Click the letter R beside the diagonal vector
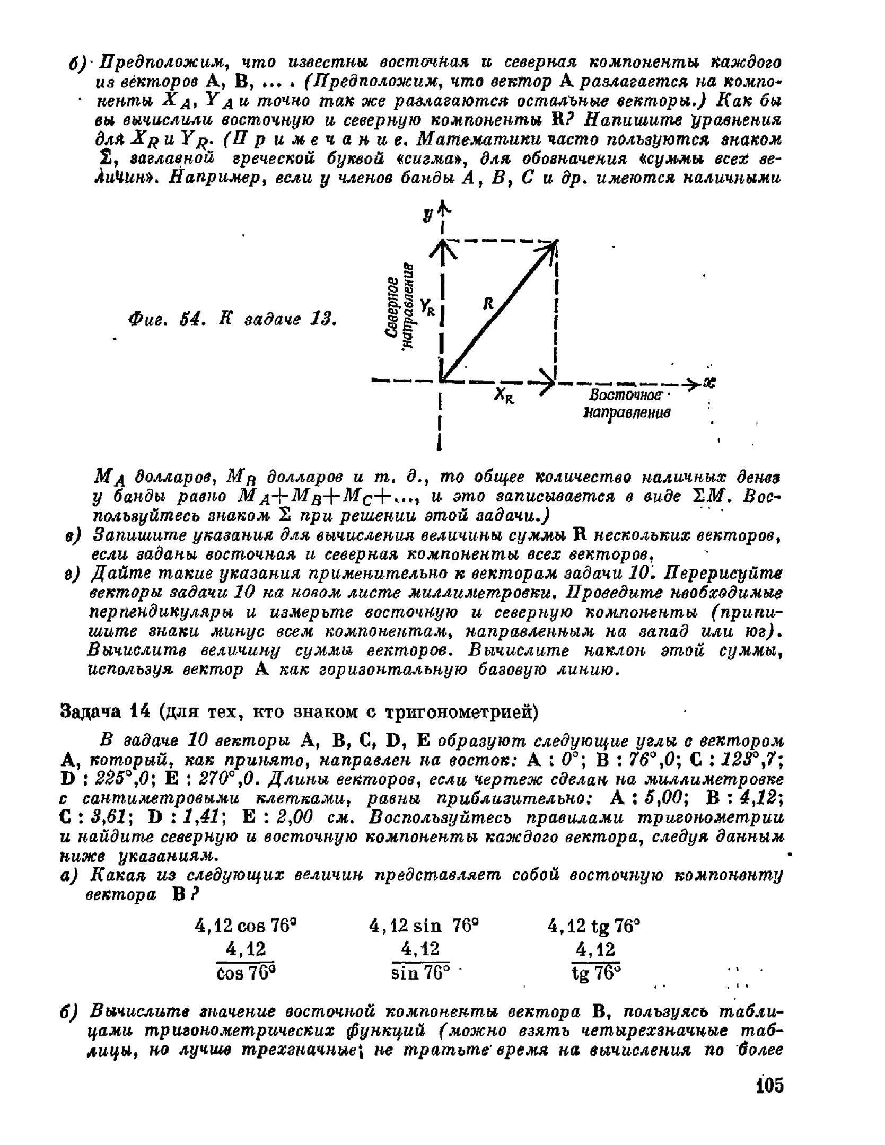[488, 303]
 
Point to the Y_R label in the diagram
[427, 307]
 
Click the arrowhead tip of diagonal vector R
[555, 243]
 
